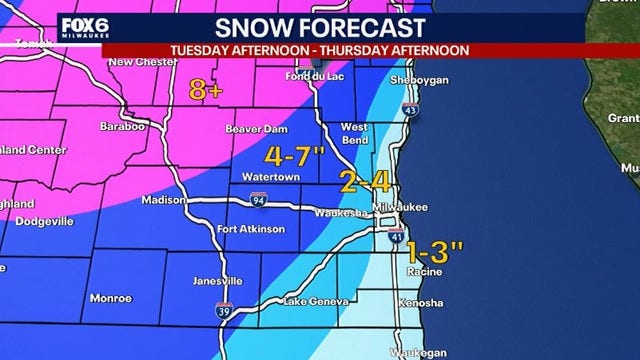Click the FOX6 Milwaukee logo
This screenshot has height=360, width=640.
click(x=86, y=27)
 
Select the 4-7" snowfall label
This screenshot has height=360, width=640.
click(x=296, y=156)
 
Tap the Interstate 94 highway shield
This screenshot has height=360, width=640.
click(x=259, y=198)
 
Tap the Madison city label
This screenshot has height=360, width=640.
click(x=158, y=199)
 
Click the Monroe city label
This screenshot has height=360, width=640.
click(x=110, y=298)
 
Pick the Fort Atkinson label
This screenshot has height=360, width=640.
click(x=251, y=229)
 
